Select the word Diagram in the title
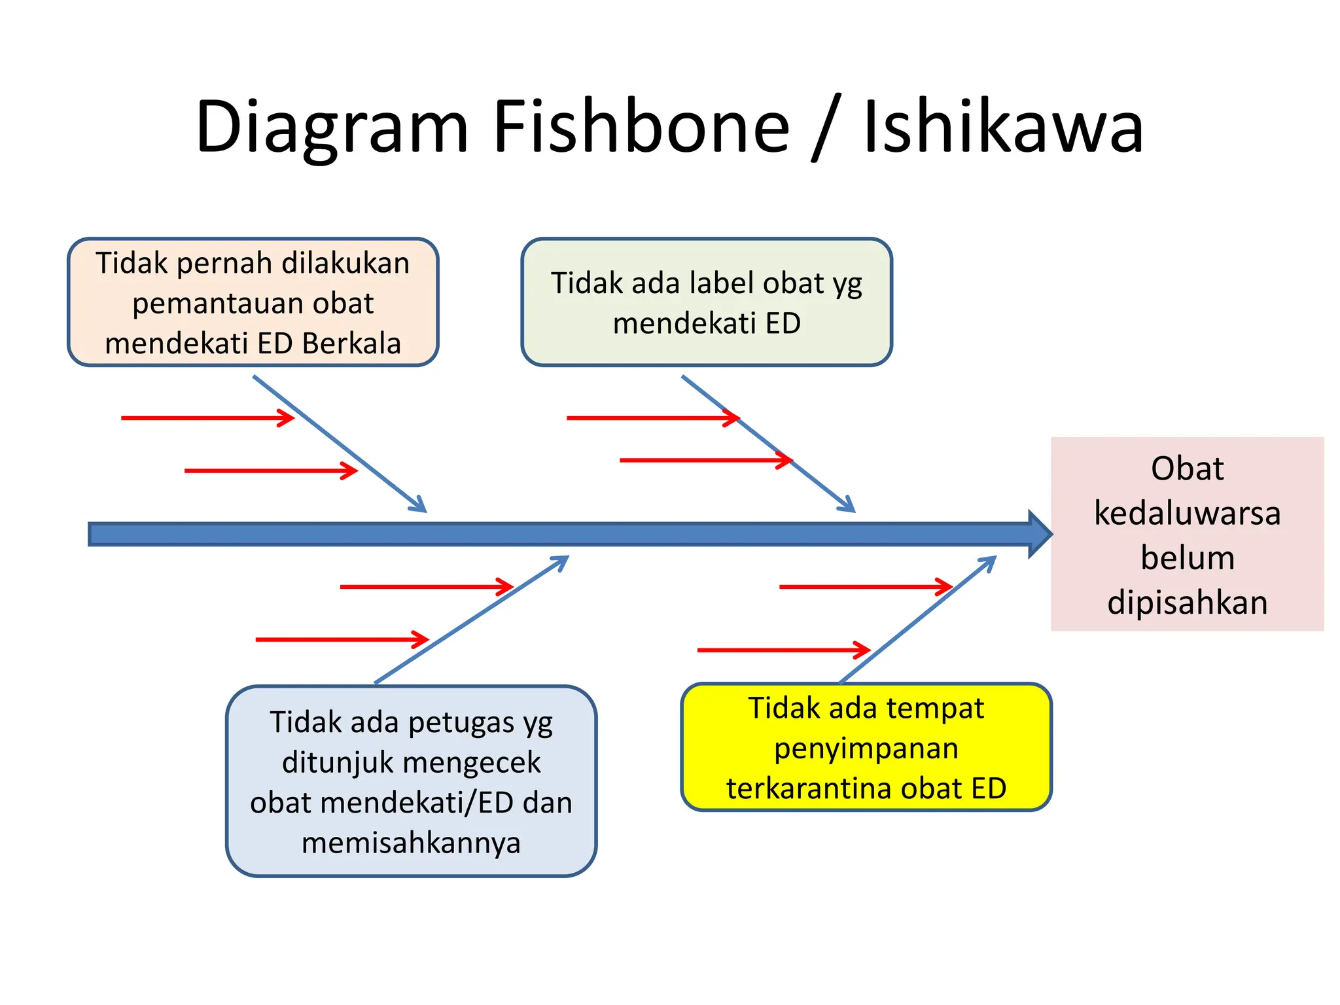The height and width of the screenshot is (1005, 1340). tap(332, 128)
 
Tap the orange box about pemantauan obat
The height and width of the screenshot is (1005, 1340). tap(253, 302)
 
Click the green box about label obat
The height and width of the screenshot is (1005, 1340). tap(707, 302)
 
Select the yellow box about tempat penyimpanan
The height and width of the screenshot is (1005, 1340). tap(866, 747)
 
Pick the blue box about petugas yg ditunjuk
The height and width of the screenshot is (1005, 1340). tap(411, 781)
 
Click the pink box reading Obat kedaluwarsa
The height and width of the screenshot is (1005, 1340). tap(1187, 534)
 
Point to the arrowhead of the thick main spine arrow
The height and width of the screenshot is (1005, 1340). tap(1040, 534)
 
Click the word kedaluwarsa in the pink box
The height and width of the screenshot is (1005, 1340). tap(1187, 513)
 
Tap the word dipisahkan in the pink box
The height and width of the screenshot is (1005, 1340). tap(1187, 603)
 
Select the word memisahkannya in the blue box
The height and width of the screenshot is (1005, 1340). tap(411, 843)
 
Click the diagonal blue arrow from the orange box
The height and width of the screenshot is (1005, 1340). tap(340, 444)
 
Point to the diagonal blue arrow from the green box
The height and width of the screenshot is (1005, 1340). tap(769, 444)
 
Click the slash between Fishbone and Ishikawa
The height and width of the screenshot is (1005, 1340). tap(826, 128)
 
